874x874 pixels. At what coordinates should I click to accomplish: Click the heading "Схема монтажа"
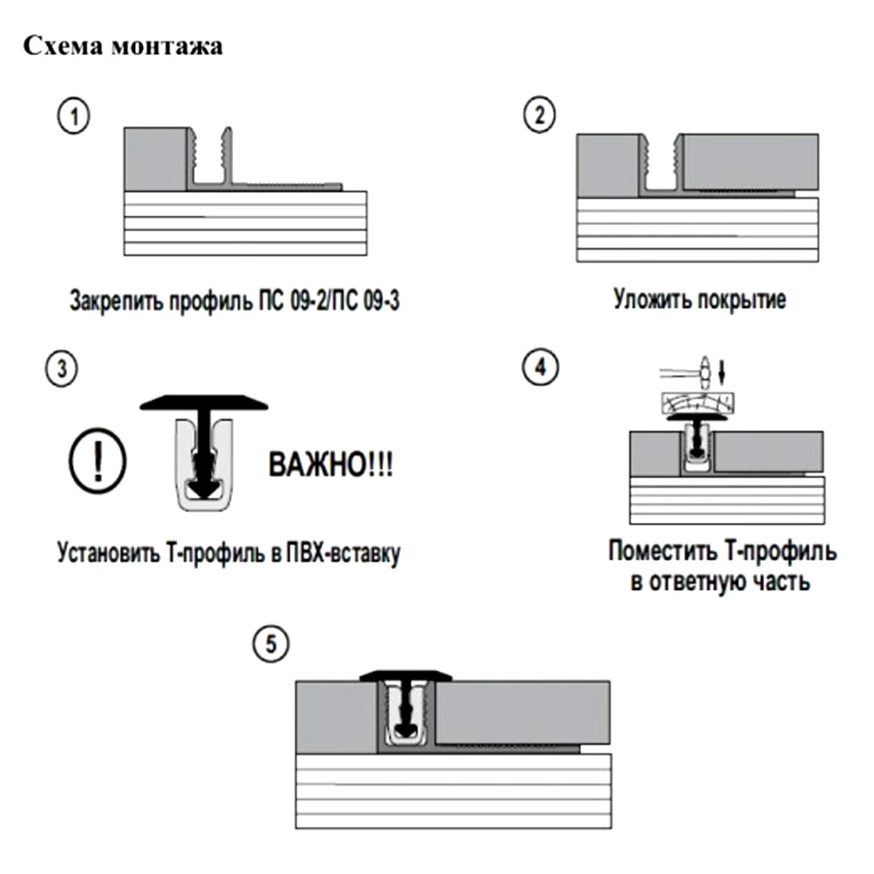123,46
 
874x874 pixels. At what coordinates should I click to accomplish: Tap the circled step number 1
74,116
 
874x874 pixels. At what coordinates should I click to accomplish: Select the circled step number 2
539,114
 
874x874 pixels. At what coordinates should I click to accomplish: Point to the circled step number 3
61,369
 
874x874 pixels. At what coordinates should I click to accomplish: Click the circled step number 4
540,368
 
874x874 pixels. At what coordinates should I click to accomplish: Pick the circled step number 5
271,645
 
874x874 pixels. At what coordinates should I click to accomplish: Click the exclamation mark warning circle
97,461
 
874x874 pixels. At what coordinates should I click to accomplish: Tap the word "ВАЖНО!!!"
330,465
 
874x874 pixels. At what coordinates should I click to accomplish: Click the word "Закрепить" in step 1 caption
116,301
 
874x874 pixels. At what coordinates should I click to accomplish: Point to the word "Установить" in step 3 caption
108,553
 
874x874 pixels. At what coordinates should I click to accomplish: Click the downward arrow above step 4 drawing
722,371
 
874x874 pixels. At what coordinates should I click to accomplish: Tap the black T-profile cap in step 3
204,404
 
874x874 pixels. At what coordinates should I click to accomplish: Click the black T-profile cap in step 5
406,675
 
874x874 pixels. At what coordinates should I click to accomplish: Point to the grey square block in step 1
155,159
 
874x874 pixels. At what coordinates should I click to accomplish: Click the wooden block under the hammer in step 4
697,403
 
